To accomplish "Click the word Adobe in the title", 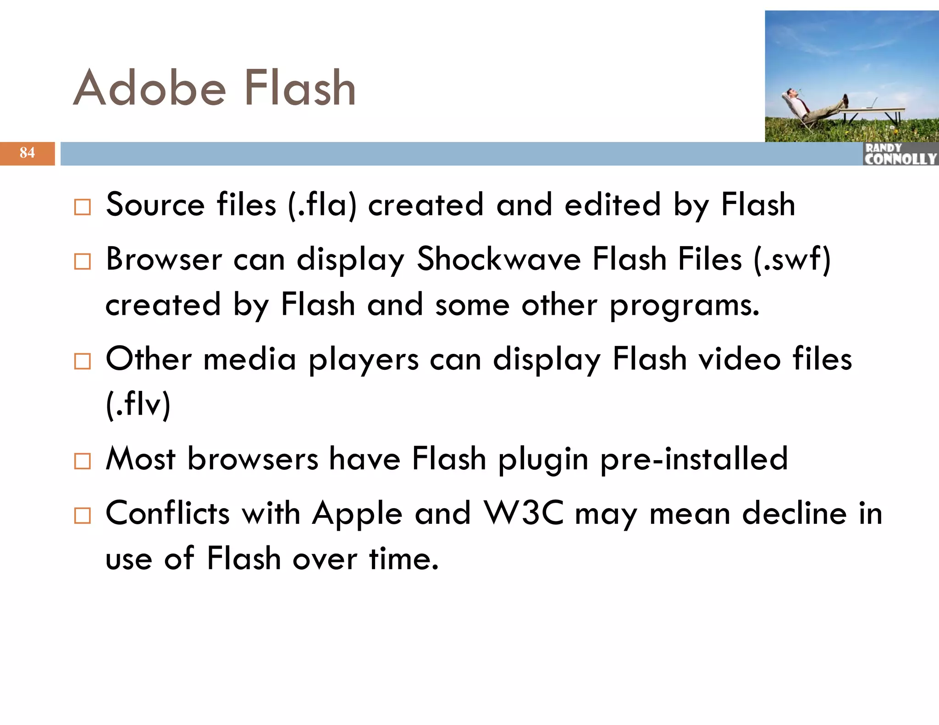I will (x=149, y=88).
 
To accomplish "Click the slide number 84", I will (x=27, y=153).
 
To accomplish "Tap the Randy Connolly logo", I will (x=900, y=154).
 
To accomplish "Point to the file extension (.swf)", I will (x=792, y=259).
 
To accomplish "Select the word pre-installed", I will (x=694, y=459).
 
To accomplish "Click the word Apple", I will (x=357, y=513).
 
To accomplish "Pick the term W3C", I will (x=524, y=513).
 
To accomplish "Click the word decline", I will (x=794, y=513).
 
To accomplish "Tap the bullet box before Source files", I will (x=83, y=207).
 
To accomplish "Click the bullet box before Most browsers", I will (x=83, y=461).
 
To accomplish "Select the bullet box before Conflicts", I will (x=83, y=516).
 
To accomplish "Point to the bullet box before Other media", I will (x=83, y=361).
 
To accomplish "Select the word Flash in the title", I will (x=300, y=88).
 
